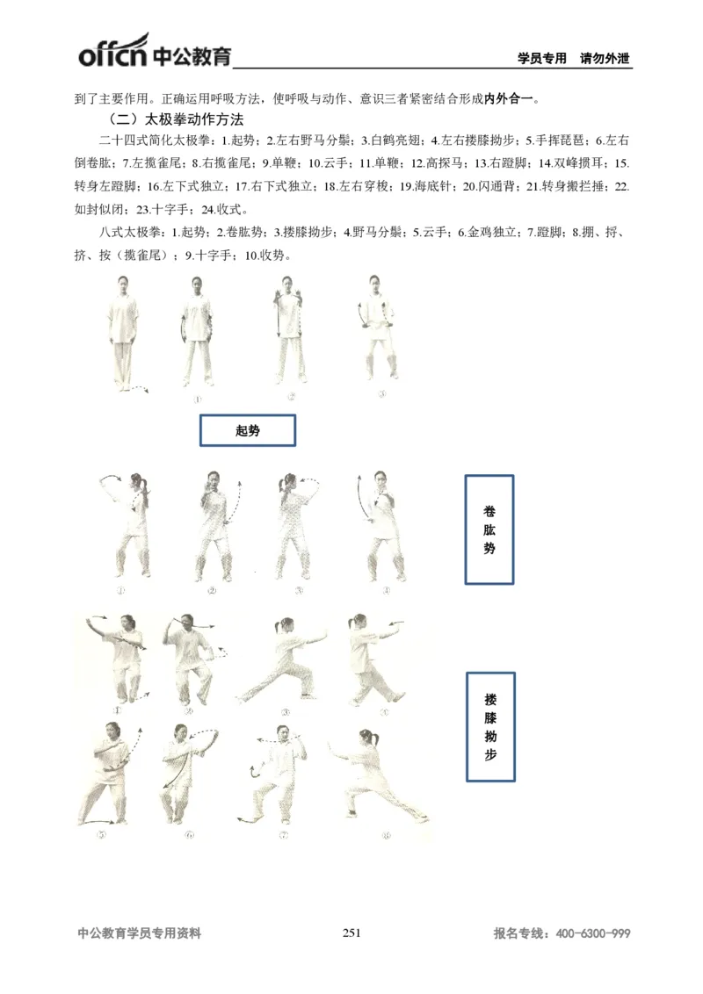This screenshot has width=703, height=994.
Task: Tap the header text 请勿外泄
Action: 605,59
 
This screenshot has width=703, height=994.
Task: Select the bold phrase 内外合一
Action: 511,97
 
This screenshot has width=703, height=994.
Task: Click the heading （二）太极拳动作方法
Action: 175,119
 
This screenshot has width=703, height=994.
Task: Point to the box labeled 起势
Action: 248,430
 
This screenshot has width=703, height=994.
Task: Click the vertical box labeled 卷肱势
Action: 489,529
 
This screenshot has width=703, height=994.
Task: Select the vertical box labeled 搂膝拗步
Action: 489,727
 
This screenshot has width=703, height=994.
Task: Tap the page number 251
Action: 351,933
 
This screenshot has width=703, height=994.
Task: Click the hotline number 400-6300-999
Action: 593,934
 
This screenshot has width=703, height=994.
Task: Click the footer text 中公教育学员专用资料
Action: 140,934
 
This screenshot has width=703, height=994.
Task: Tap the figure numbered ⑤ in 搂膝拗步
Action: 110,773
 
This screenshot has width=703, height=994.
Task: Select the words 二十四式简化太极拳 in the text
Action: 154,140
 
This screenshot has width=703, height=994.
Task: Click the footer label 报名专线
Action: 518,934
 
